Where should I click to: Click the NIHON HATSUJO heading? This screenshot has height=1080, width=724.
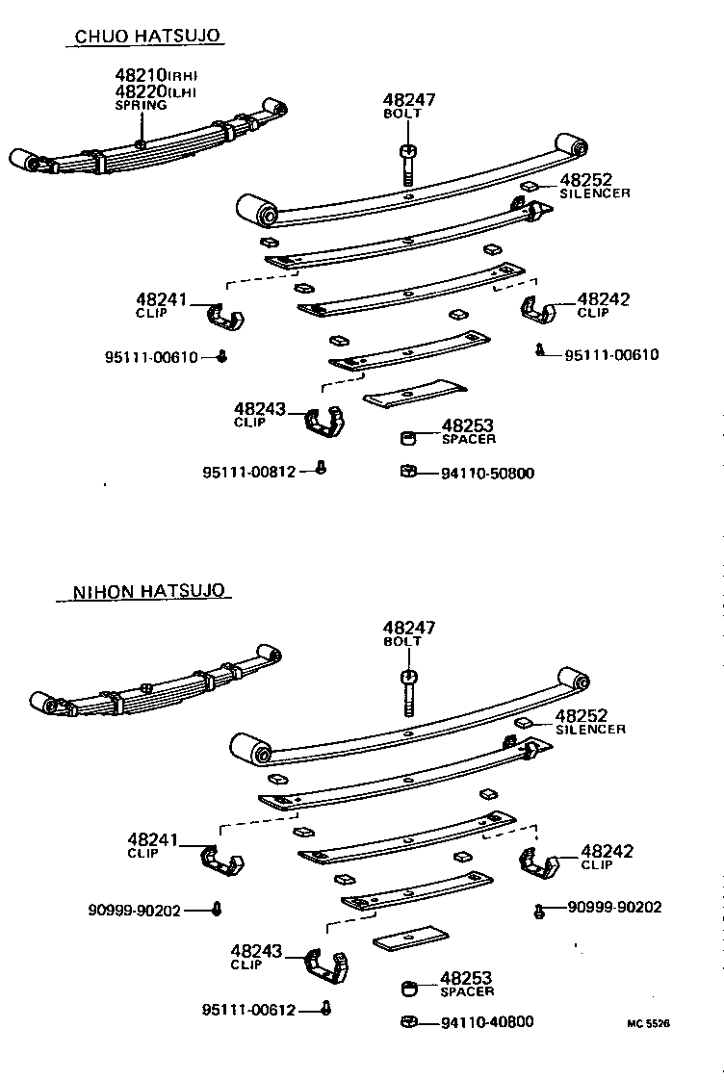[x=151, y=591]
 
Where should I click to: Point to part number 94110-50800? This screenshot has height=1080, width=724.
[x=487, y=473]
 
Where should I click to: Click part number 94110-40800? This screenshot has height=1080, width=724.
[x=487, y=1022]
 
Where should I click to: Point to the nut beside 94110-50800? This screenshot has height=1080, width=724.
[x=408, y=471]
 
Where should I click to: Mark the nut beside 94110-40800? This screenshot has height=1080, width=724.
[x=408, y=1021]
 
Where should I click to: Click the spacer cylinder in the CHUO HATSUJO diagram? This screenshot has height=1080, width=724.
[x=409, y=439]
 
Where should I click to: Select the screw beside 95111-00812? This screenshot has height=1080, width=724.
[x=323, y=469]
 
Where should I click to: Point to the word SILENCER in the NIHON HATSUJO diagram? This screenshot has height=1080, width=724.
[x=590, y=730]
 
